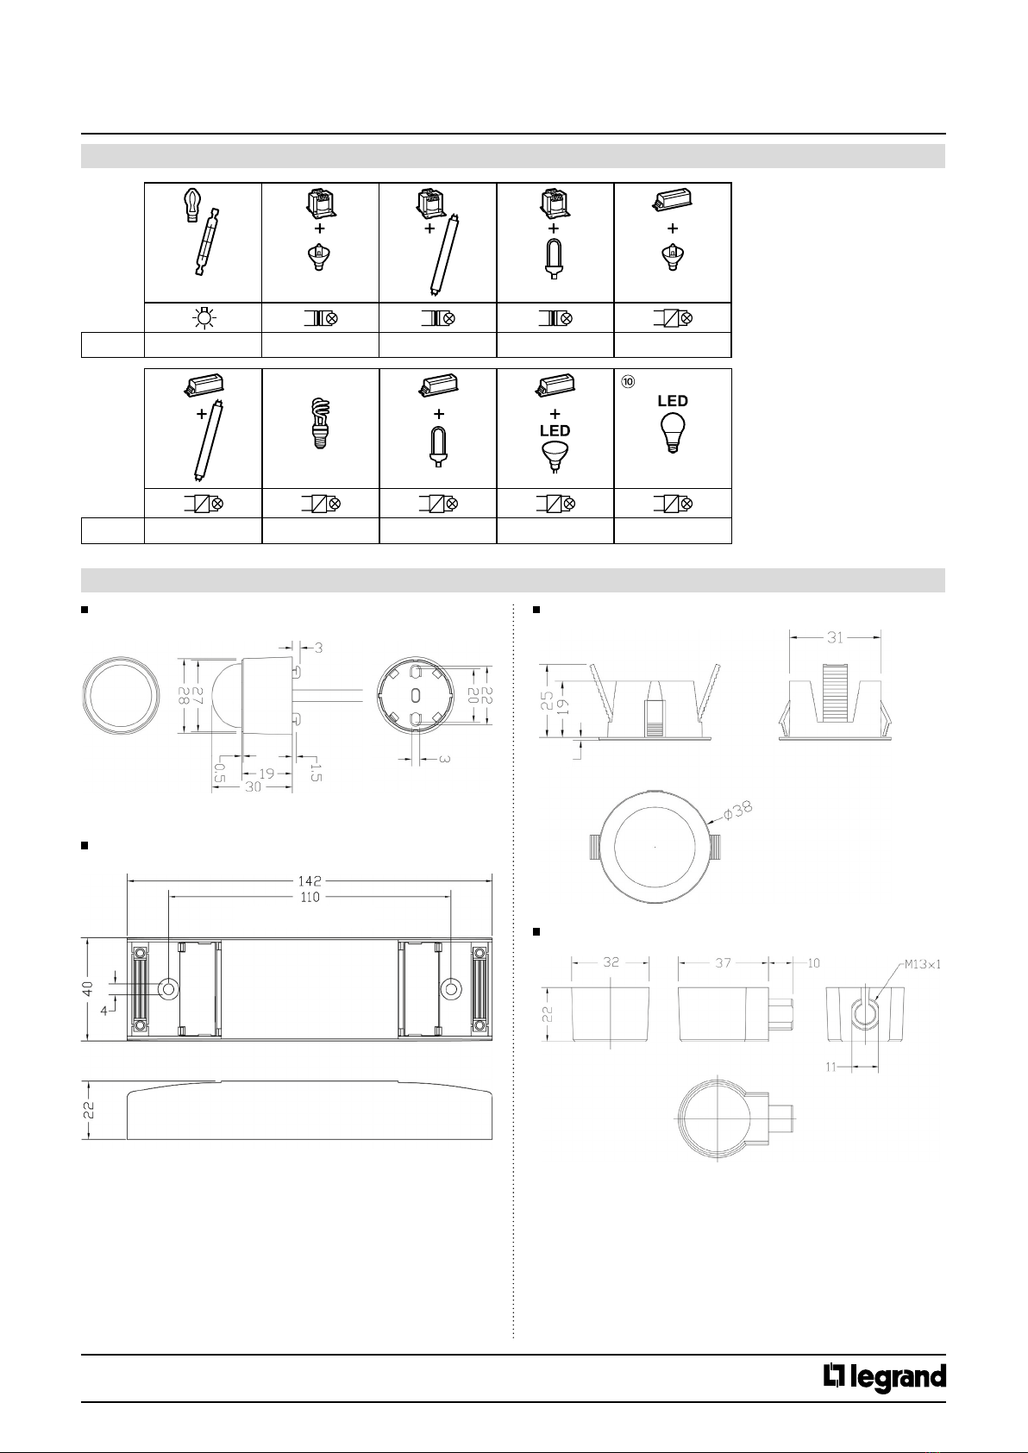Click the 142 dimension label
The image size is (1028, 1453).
310,881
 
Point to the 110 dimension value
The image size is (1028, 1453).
310,897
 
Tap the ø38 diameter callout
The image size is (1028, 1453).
738,811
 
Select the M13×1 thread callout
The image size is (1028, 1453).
922,964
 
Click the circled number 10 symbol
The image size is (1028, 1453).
628,381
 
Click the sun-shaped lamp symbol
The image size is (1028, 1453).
204,318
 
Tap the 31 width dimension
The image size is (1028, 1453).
835,637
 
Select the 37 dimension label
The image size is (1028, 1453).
724,962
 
